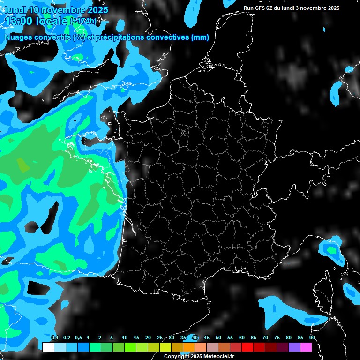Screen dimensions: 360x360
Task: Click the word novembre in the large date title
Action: (x=63, y=9)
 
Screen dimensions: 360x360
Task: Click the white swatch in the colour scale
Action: (x=48, y=347)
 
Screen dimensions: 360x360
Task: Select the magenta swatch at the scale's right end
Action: (x=306, y=347)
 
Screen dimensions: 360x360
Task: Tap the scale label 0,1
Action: (x=54, y=338)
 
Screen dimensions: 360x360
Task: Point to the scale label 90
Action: (x=312, y=338)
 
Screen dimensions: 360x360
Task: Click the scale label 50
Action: (x=218, y=338)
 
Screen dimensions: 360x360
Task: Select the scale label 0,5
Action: (x=78, y=338)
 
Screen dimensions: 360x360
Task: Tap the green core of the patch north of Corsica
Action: (x=332, y=250)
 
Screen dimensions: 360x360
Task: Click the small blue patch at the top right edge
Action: (x=349, y=69)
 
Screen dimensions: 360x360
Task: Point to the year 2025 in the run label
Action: (x=333, y=8)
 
